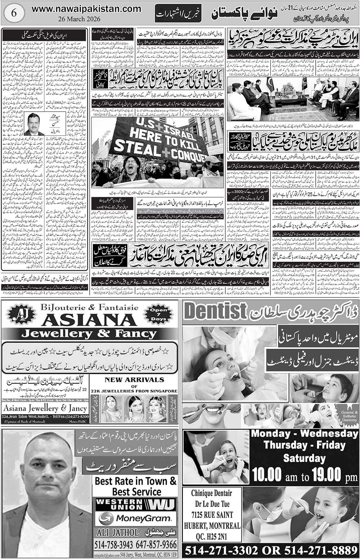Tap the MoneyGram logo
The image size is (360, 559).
point(135,518)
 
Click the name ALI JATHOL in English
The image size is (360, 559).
point(114,532)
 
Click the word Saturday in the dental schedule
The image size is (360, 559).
point(304,458)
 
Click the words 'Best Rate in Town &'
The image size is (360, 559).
point(136,481)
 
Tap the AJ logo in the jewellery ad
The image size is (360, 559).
point(17,315)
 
